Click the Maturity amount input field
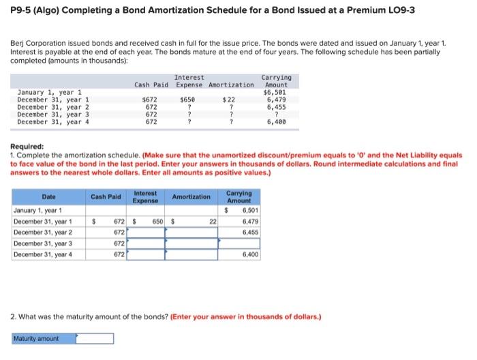click(95, 338)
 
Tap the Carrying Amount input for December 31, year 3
click(239, 243)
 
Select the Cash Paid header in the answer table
click(106, 197)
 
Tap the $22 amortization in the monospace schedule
click(230, 100)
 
